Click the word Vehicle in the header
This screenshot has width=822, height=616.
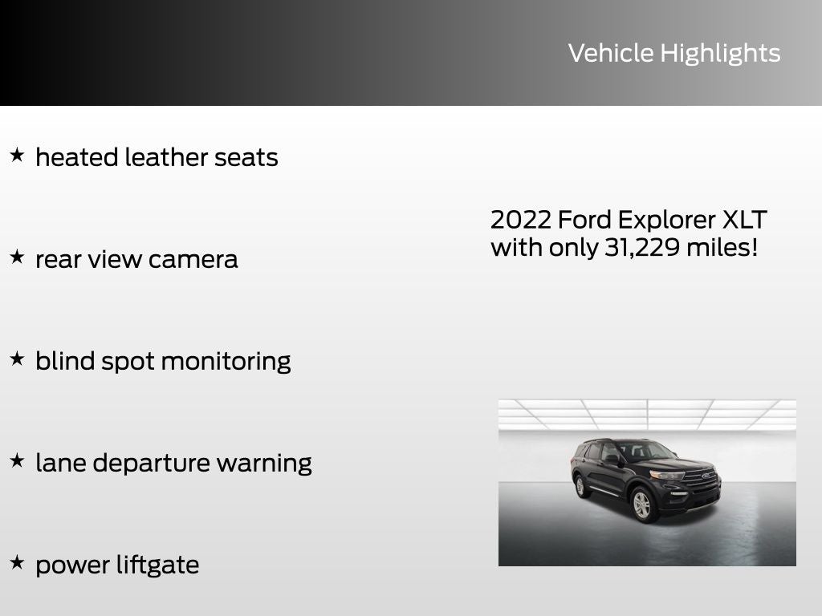[611, 53]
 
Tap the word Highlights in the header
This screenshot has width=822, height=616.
[720, 54]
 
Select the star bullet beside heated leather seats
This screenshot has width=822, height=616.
[17, 155]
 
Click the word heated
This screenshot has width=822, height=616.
[77, 157]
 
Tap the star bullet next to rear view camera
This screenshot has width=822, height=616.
[17, 257]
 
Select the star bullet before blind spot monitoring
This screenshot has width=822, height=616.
[17, 359]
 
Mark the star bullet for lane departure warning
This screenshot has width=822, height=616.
[17, 461]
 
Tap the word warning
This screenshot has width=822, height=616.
[264, 464]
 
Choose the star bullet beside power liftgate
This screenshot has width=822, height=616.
[17, 563]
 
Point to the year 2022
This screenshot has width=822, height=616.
[520, 220]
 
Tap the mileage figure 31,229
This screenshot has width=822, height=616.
[642, 248]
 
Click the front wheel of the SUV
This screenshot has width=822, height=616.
[642, 505]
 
